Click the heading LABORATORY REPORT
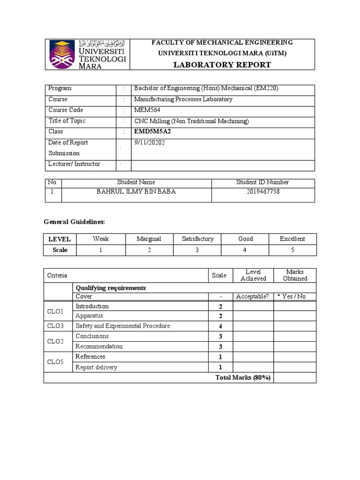coord(222,65)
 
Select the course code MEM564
coord(147,110)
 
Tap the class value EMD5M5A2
coord(153,132)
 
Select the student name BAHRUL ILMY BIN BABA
coord(136,192)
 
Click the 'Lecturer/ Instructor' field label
coord(74,164)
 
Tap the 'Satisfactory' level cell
coord(197,239)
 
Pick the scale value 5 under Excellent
coord(292,250)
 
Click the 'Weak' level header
coord(100,239)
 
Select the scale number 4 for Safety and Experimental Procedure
coord(220,326)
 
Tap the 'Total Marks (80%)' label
coord(243,378)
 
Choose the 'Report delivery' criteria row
coord(96,367)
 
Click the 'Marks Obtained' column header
coord(295,275)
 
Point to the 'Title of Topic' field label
coord(67,121)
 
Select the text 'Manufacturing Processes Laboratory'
coord(183,99)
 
